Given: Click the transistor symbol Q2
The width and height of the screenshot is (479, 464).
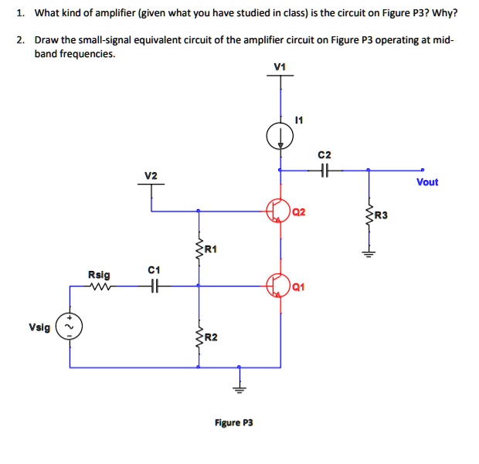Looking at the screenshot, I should coord(278,209).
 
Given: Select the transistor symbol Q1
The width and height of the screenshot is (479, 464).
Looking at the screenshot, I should coord(278,285).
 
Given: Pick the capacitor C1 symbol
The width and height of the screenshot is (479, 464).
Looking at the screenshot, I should coord(154,285).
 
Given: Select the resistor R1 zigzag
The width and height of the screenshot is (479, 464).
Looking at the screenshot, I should coord(199,248).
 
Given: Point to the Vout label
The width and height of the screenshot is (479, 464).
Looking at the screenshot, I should coord(426,182).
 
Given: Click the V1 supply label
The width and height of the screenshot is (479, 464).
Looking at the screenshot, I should coord(280,66).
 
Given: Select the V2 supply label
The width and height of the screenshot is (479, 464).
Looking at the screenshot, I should coord(151,176).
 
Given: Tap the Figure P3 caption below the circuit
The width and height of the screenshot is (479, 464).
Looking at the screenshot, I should coord(233,422).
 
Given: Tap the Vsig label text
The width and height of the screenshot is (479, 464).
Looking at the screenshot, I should coord(39,327).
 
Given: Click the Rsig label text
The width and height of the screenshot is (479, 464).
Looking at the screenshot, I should coord(98,274).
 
